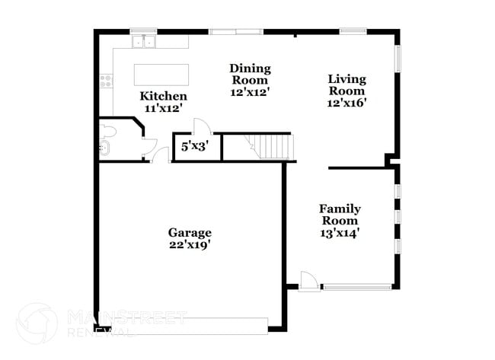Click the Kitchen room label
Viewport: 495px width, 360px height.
[x=163, y=97]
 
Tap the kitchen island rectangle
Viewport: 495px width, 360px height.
[x=161, y=75]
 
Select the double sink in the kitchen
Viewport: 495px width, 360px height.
[x=142, y=40]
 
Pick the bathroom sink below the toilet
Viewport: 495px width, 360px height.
[x=104, y=148]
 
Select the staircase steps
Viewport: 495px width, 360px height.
[x=273, y=145]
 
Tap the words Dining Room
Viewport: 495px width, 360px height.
[x=250, y=74]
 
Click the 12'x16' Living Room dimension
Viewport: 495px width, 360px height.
[x=347, y=103]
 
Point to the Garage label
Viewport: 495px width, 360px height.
[x=190, y=232]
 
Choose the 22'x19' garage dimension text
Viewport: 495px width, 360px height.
[x=190, y=244]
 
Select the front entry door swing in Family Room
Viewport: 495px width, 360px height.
[x=308, y=280]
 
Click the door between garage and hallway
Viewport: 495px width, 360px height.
[x=161, y=156]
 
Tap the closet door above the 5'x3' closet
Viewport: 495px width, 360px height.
[x=202, y=128]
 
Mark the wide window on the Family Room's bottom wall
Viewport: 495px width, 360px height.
[x=357, y=287]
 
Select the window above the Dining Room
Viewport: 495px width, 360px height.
[x=236, y=31]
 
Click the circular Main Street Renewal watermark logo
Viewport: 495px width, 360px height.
[x=37, y=323]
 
